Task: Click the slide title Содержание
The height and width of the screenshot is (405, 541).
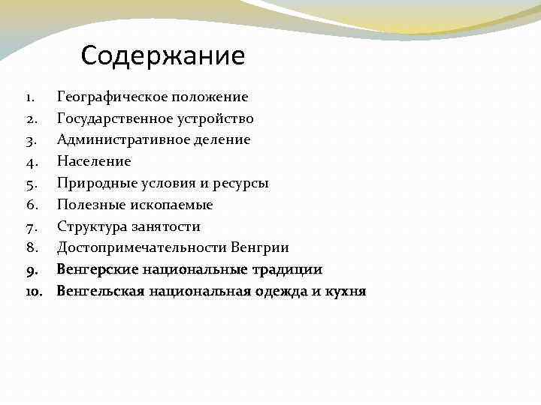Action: [x=163, y=55]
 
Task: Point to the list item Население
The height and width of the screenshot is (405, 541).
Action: [x=94, y=161]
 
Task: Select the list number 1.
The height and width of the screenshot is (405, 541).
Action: [x=27, y=97]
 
